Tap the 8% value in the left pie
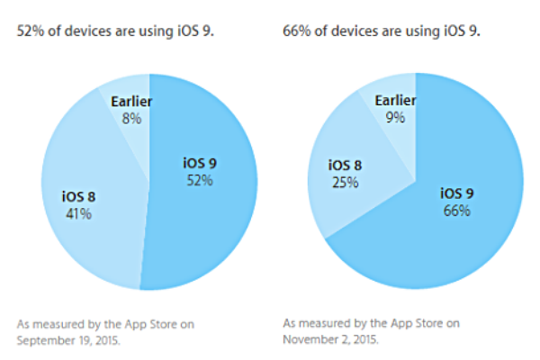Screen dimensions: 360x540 [x=131, y=117]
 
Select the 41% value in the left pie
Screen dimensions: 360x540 [x=76, y=214]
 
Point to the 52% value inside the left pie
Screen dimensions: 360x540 [x=201, y=180]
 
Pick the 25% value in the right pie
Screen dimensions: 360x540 [x=345, y=182]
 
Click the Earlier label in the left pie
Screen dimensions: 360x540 [x=131, y=101]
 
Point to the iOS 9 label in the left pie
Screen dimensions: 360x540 [x=200, y=164]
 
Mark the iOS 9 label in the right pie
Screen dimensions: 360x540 [x=456, y=193]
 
